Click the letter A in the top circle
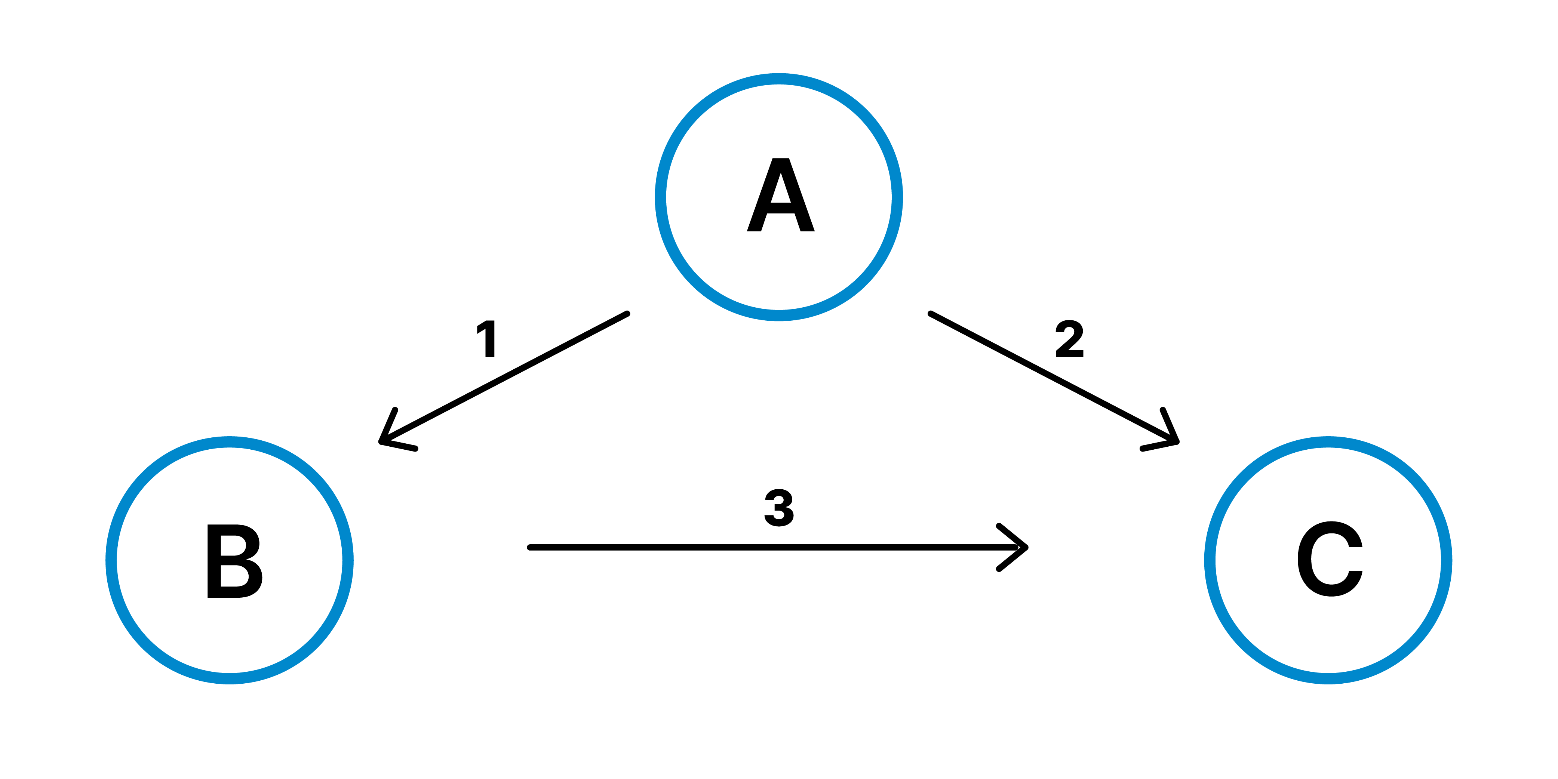[780, 195]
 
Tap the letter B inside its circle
[234, 561]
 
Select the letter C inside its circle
[1330, 559]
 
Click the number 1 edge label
[488, 339]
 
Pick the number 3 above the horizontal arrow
[779, 508]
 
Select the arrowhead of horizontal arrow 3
[1024, 547]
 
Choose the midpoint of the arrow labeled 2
[1053, 378]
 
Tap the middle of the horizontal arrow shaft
[777, 547]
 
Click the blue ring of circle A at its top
[779, 78]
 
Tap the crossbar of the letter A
[780, 208]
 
